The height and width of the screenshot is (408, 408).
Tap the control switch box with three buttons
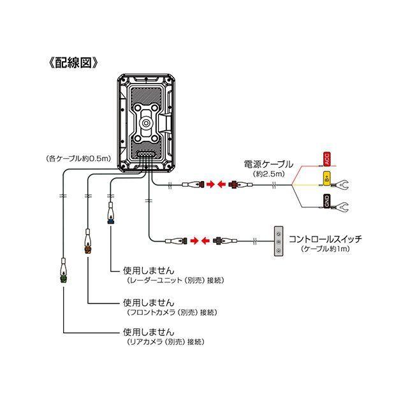(278, 242)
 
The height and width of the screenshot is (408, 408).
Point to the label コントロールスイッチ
(325, 239)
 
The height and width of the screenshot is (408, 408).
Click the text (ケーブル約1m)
(326, 249)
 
